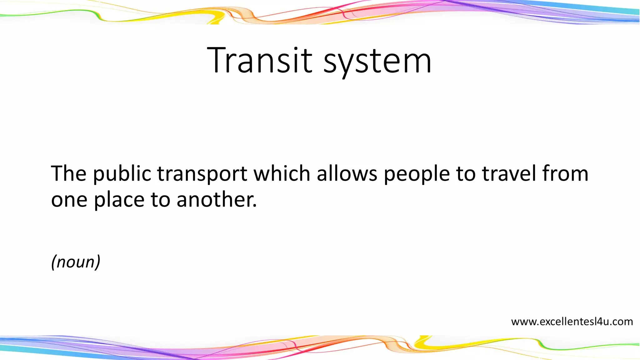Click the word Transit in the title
click(259, 60)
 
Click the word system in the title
click(377, 61)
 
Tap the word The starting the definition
click(68, 173)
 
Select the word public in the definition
click(122, 174)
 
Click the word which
click(282, 173)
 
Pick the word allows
click(347, 173)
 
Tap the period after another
click(255, 206)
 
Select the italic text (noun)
click(76, 262)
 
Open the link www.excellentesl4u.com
click(572, 322)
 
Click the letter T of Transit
click(218, 60)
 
